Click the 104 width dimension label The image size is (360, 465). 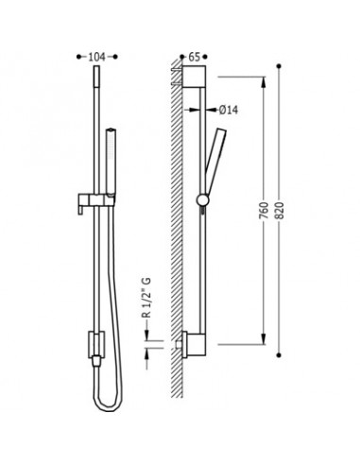tap(96, 57)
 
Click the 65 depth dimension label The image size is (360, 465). tap(194, 57)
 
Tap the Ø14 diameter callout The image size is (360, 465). tap(229, 110)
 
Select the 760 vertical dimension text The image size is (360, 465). tap(264, 211)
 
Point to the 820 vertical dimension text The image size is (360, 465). tap(280, 211)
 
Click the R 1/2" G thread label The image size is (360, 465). tap(146, 298)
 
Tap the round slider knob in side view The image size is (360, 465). tap(202, 199)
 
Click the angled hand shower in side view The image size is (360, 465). tap(214, 161)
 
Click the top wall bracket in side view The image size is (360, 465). tap(195, 77)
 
